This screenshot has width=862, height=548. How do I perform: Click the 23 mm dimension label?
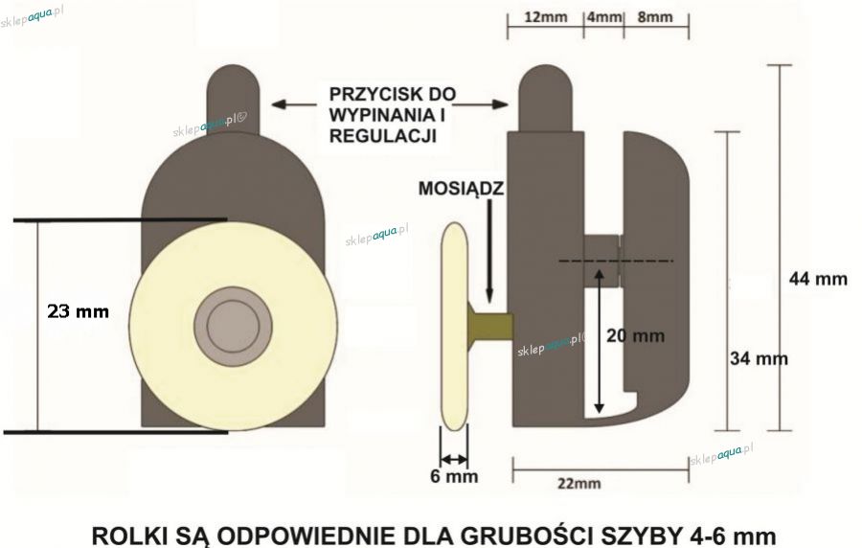click(79, 311)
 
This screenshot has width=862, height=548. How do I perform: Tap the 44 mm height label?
click(818, 279)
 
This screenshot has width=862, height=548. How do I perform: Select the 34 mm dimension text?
click(759, 359)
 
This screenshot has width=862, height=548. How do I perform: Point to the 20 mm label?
click(636, 335)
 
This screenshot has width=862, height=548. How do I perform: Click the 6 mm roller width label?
click(454, 476)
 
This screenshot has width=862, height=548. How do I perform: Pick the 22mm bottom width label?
click(579, 484)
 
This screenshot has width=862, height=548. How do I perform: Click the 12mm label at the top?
click(545, 17)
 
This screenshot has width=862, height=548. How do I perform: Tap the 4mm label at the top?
click(604, 17)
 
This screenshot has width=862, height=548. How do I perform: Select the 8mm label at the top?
click(655, 17)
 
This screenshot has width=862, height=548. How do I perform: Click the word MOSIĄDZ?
click(461, 189)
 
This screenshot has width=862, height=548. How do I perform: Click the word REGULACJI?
click(382, 136)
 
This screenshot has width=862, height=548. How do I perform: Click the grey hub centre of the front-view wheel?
click(233, 326)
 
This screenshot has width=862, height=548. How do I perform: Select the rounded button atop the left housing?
click(233, 99)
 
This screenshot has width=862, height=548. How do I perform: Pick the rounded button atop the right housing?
click(545, 98)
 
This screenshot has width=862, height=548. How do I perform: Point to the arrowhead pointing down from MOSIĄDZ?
click(489, 296)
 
